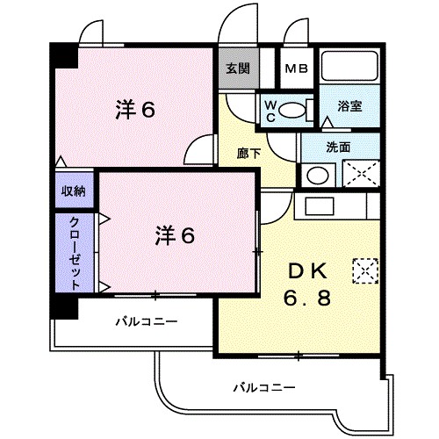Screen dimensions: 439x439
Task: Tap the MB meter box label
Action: [296, 68]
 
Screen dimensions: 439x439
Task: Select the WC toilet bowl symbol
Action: [298, 111]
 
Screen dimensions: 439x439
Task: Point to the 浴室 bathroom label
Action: [350, 105]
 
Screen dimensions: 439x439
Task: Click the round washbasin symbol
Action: [315, 173]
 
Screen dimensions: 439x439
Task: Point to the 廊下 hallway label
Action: [248, 153]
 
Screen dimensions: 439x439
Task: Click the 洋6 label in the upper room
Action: [135, 110]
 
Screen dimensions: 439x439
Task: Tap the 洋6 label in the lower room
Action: [175, 234]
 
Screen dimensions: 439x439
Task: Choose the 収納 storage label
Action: [73, 191]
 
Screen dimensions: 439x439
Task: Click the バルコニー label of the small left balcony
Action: [147, 321]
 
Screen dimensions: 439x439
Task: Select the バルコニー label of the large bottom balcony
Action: [264, 386]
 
